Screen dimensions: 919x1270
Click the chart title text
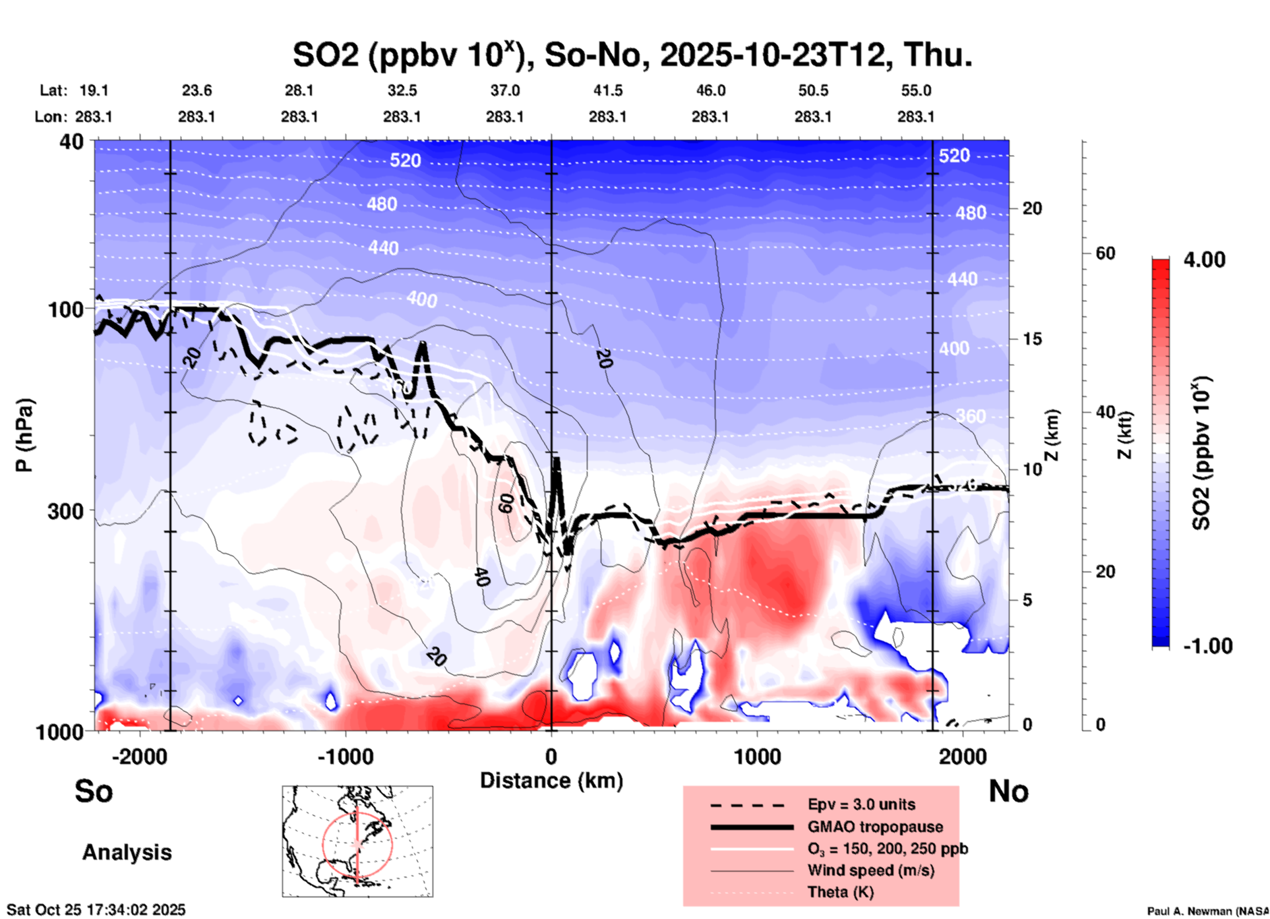(x=632, y=55)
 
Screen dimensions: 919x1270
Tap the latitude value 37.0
(x=504, y=90)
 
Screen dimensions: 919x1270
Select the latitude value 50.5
(x=812, y=90)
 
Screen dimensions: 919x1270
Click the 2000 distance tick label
(x=963, y=756)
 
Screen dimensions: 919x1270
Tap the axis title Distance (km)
(x=551, y=781)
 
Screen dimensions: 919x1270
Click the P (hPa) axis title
(x=24, y=435)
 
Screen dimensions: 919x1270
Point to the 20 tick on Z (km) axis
(x=1032, y=209)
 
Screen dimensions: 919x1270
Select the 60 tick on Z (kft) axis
(x=1105, y=253)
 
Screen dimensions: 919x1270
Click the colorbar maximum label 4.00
(x=1204, y=260)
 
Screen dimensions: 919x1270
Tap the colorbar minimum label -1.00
(x=1207, y=645)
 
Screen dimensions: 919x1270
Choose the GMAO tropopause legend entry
(x=875, y=827)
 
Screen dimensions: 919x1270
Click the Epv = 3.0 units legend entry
(x=861, y=804)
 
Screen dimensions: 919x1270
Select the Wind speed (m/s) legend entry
(x=870, y=870)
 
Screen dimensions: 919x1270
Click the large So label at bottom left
(x=94, y=791)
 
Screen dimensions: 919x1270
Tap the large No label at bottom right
(x=1008, y=791)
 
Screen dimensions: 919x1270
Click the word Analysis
(x=127, y=852)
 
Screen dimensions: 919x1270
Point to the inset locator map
(x=357, y=841)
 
